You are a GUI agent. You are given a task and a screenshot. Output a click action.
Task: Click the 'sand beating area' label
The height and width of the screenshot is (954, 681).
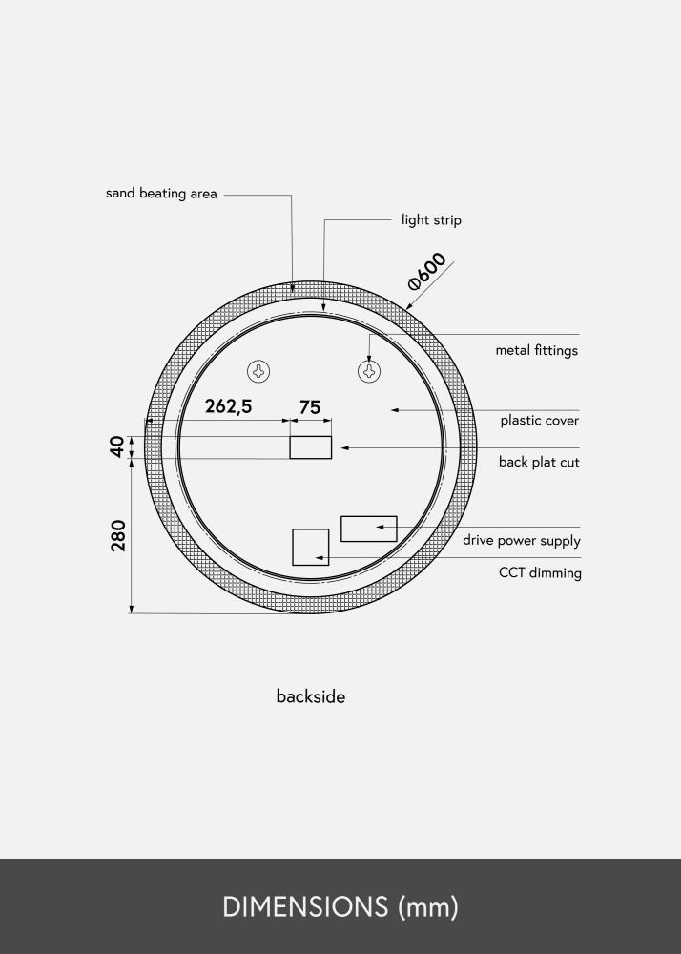point(161,194)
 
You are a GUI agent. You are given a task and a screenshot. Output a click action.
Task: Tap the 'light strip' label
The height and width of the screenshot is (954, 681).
point(431,220)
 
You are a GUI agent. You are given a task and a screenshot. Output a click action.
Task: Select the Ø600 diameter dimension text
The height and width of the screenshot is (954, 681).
point(427,270)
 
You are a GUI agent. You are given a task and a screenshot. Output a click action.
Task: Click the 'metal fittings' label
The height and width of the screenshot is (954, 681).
point(536,351)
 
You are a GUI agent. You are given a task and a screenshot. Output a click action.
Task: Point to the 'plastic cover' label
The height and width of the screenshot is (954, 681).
point(539,421)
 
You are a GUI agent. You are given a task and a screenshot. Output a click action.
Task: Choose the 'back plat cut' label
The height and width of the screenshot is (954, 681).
point(539,463)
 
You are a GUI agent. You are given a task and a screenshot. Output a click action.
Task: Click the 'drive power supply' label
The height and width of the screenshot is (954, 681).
point(522,541)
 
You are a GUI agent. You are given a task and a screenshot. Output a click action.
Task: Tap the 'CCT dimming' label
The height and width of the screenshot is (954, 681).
point(540,573)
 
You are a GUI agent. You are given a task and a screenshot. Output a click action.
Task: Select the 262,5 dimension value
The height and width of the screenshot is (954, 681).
point(229,407)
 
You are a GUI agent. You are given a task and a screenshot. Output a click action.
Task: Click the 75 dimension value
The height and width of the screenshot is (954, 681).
point(310,407)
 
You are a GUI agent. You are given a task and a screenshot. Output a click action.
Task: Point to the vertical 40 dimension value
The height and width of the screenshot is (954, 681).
point(117,446)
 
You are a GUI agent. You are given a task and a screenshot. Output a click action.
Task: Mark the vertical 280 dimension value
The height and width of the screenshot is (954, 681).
point(118,535)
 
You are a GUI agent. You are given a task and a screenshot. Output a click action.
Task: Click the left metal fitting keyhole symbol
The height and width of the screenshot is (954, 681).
point(258,370)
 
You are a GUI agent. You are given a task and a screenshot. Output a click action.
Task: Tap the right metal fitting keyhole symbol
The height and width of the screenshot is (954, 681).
point(369,370)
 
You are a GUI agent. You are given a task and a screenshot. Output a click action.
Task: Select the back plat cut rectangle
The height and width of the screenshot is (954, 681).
point(311,447)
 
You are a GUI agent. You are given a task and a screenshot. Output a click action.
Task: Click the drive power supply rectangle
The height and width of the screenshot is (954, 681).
point(368,528)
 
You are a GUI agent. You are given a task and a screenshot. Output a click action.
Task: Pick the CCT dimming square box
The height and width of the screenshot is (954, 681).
point(310,547)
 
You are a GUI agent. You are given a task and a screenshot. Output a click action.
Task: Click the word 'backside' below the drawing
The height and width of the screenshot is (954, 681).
point(311,696)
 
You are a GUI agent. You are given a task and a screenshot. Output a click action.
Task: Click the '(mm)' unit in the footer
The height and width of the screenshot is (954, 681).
point(428,906)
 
